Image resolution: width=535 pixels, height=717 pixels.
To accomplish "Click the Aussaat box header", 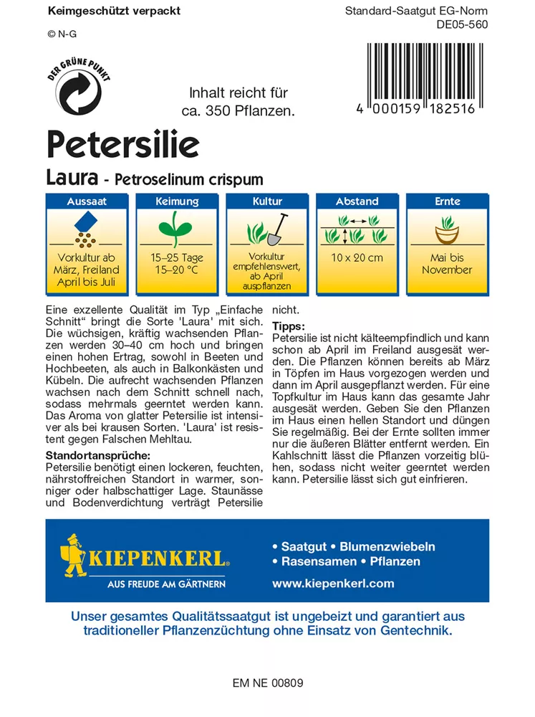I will point(87,201).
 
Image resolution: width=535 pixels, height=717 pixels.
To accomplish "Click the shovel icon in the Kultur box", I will point(278,228).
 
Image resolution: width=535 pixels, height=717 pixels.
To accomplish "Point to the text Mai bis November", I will point(446,264).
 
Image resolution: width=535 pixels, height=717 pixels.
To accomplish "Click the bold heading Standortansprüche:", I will point(97,455).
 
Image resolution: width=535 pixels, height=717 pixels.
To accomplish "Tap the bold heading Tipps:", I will point(289,326).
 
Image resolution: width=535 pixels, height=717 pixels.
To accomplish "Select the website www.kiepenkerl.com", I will point(333,584).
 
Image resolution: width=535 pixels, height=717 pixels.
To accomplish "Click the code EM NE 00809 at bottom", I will point(268,683).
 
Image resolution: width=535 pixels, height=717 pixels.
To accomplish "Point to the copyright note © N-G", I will point(62,33).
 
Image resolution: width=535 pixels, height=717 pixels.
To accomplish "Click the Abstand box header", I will point(357,201).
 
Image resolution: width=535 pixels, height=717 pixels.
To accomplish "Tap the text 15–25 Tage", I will point(177,258).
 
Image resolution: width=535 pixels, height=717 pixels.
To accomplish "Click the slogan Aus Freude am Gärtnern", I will point(166,584).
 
